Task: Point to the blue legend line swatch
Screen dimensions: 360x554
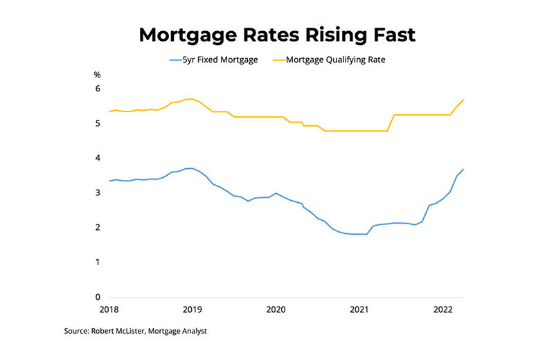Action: pos(176,60)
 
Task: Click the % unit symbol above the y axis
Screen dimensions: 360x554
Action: pos(98,74)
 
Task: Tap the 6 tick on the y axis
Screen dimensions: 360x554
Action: pos(98,89)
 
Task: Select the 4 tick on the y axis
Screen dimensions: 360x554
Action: pos(98,158)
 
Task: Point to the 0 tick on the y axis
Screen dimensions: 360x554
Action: pos(98,297)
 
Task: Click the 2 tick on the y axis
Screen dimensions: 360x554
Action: pos(98,228)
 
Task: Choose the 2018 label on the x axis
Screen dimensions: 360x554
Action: pos(109,309)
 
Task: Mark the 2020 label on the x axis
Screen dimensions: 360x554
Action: pos(276,309)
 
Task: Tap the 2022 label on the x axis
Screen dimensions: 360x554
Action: pos(444,309)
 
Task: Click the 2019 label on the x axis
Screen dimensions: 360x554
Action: pos(193,309)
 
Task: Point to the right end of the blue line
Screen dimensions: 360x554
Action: pos(463,170)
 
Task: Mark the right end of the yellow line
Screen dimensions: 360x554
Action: pos(463,100)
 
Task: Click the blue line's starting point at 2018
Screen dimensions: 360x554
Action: pos(109,181)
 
